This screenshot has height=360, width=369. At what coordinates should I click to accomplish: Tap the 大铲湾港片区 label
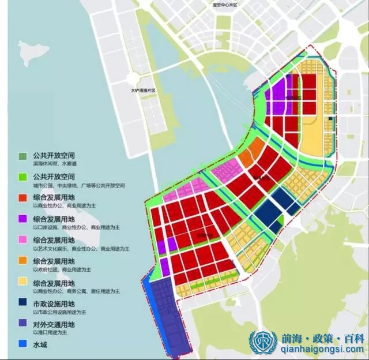pos(142,91)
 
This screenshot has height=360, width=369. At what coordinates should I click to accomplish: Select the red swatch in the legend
pos(22,198)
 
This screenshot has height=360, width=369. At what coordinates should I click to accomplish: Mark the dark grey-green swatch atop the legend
pos(22,156)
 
